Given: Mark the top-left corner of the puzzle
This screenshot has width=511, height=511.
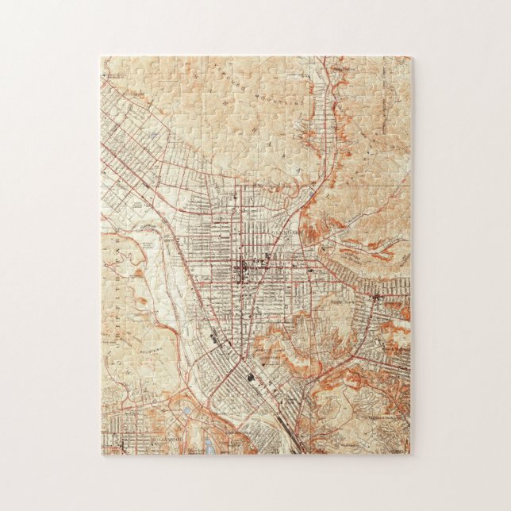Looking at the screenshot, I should coord(101,57).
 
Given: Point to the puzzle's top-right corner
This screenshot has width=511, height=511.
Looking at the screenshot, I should coord(412,57).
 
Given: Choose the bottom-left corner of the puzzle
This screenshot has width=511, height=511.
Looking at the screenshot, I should coord(101,455).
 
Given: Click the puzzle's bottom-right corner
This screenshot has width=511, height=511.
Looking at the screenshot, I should coord(412,455).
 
